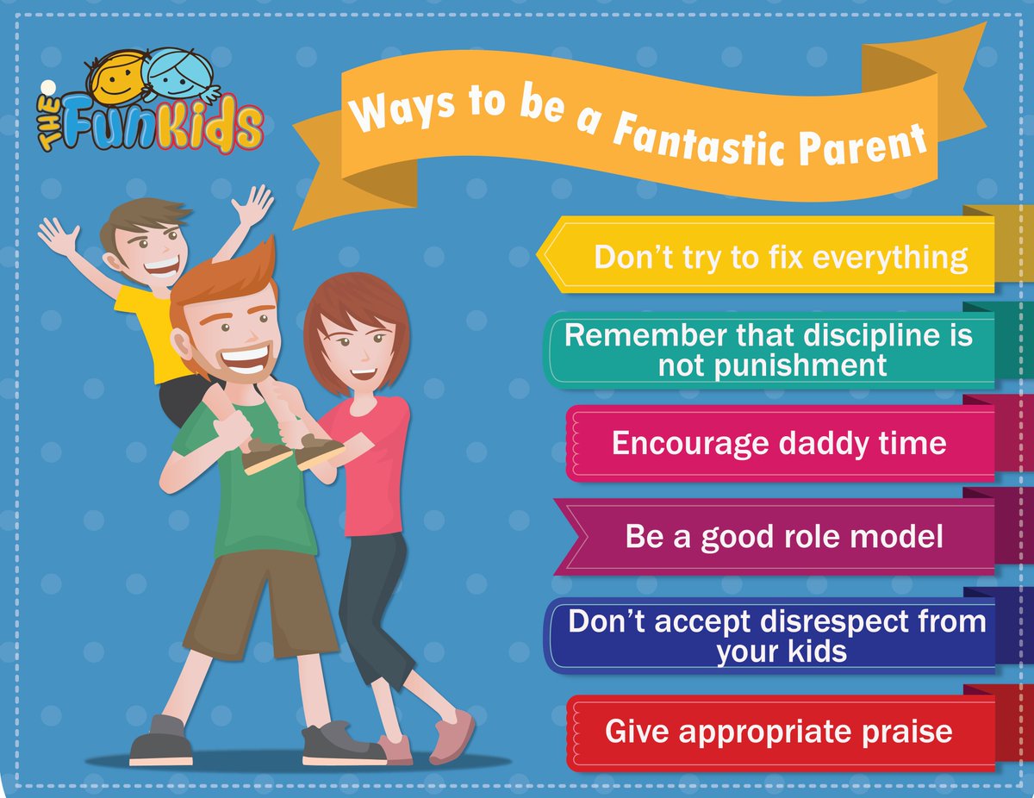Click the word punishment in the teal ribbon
772,365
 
